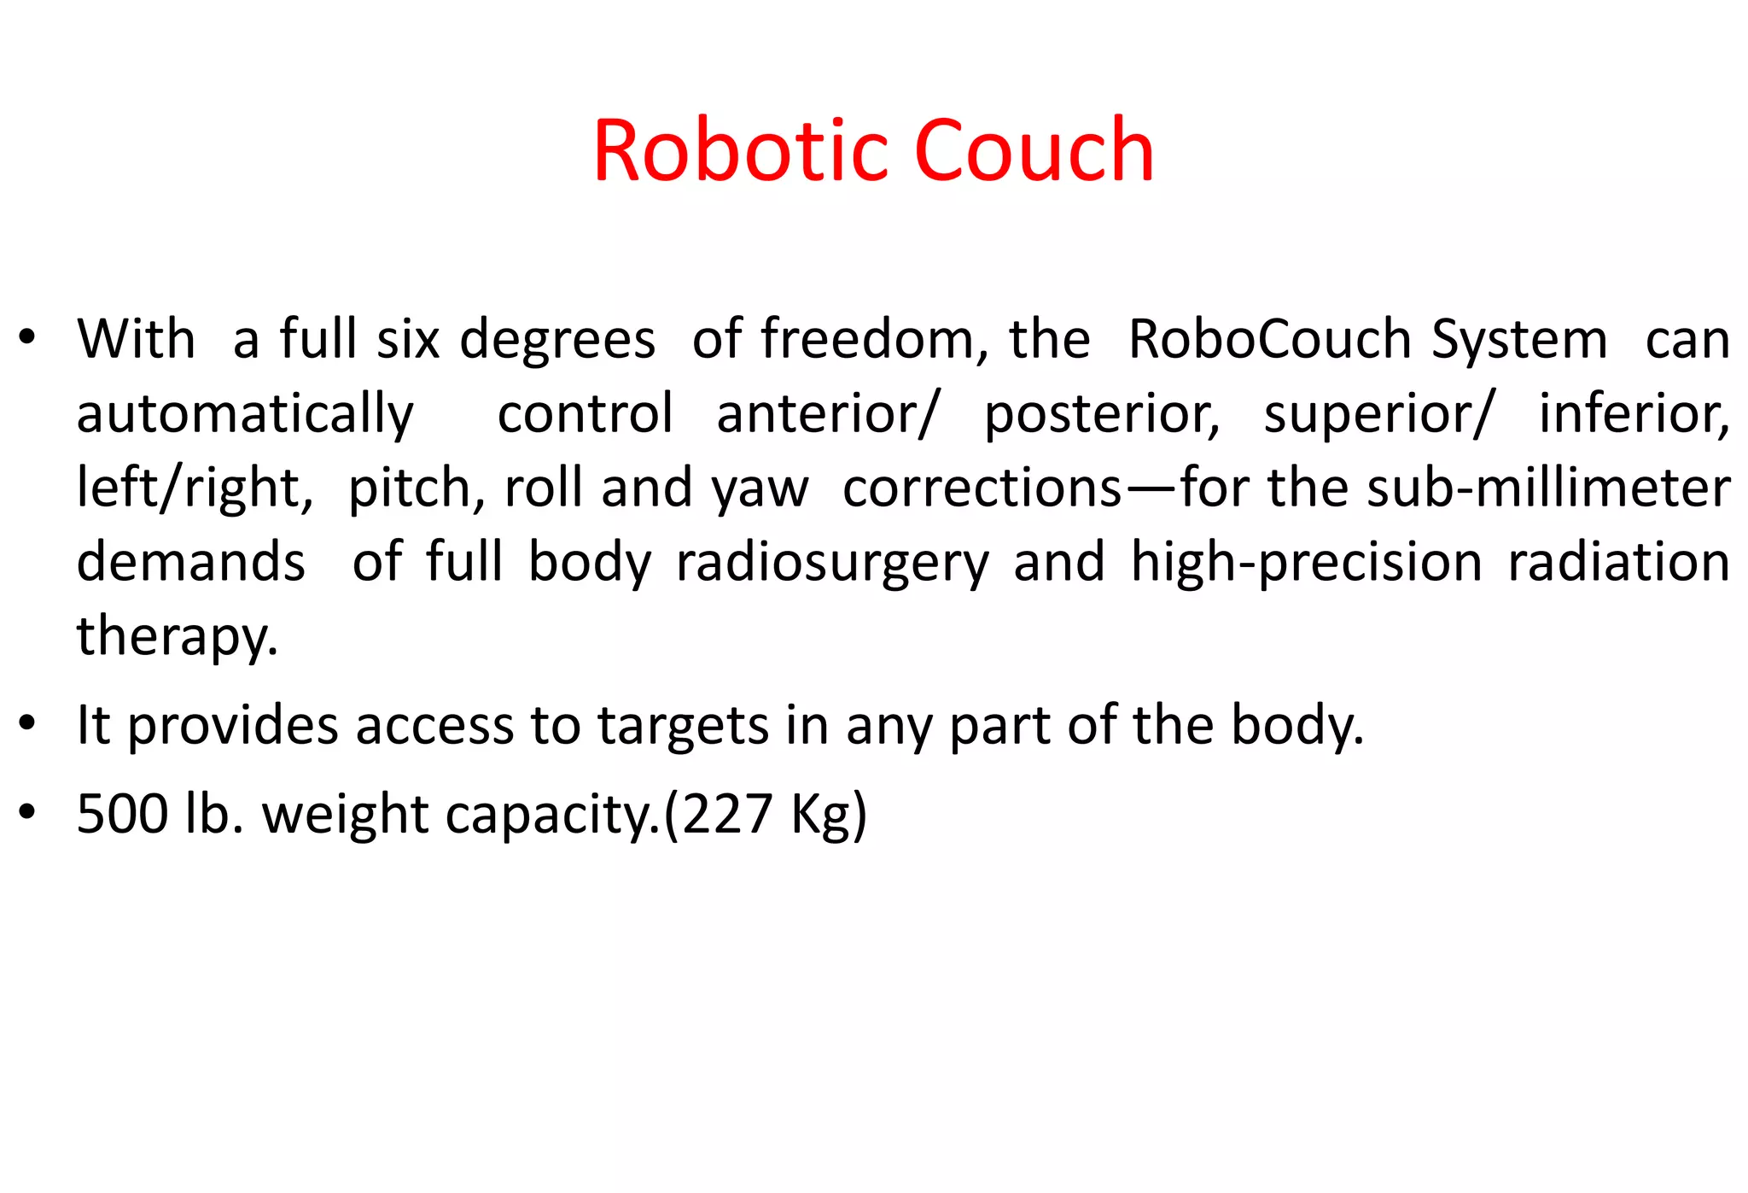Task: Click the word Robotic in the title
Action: (x=743, y=151)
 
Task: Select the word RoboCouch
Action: (x=1269, y=339)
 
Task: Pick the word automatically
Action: (x=245, y=415)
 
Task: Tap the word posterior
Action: (x=1100, y=415)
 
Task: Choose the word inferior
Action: (x=1633, y=413)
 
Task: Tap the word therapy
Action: (x=177, y=637)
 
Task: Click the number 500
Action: (x=122, y=814)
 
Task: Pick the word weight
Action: (x=345, y=816)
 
